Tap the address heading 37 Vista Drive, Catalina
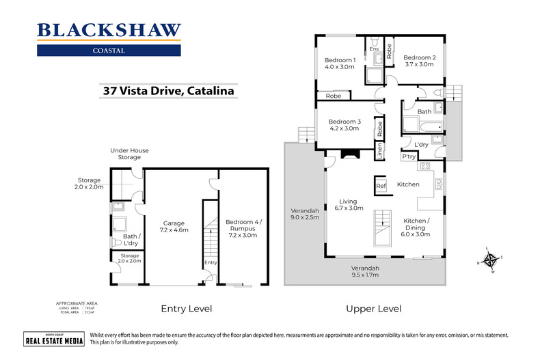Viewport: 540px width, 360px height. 168,89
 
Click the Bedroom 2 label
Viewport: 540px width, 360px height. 418,60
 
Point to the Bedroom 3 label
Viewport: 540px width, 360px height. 343,124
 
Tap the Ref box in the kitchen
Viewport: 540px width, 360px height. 381,184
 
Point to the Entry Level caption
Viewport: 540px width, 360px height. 186,309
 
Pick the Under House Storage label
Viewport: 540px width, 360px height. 130,154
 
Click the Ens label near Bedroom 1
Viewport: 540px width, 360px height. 374,49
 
